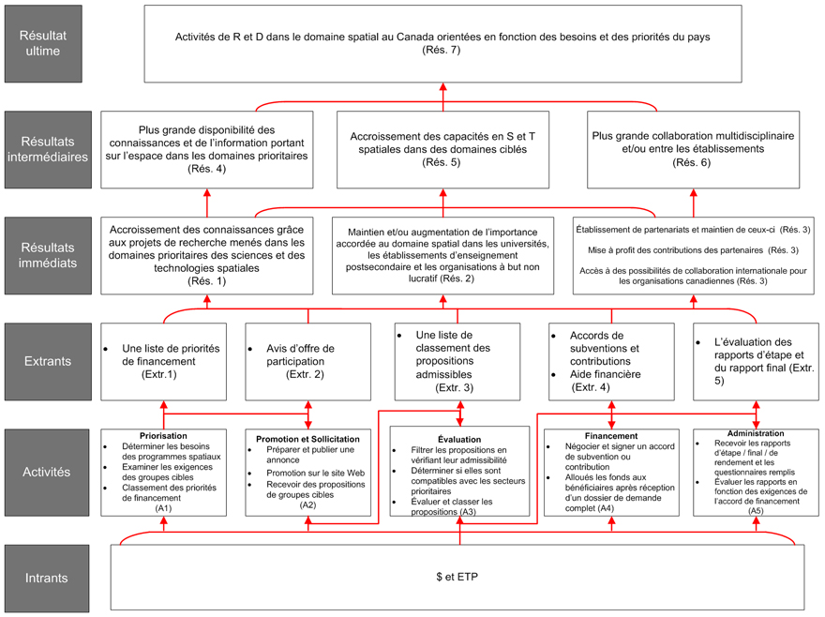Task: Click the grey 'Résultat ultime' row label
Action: click(43, 43)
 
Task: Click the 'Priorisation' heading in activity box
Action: click(163, 436)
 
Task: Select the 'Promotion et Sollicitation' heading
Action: click(307, 439)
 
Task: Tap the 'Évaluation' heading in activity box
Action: click(458, 439)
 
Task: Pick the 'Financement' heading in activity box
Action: click(610, 436)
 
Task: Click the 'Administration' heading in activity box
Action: click(756, 433)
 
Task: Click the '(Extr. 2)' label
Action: click(305, 374)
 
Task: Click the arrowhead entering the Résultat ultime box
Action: click(442, 86)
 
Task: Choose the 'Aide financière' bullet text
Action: click(605, 373)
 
